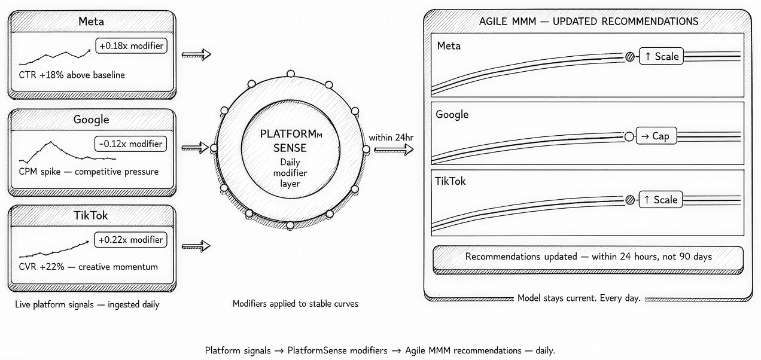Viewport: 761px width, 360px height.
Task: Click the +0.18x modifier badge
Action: tap(130, 45)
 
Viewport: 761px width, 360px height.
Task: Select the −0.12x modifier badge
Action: tap(130, 144)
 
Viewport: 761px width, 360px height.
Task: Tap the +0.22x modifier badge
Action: tap(130, 240)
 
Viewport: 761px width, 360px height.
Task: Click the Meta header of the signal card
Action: tap(92, 22)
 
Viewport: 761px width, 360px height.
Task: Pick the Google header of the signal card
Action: tap(92, 120)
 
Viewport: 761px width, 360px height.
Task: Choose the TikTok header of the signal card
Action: tap(92, 215)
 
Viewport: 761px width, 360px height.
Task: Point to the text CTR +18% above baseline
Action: tap(72, 75)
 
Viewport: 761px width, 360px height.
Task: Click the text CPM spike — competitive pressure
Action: tap(89, 172)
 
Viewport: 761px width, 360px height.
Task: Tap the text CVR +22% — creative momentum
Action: tap(88, 267)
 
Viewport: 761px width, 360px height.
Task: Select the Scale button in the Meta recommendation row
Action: tap(660, 56)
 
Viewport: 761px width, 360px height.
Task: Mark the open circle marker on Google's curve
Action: tap(628, 136)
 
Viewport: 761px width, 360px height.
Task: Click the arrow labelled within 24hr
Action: tap(394, 150)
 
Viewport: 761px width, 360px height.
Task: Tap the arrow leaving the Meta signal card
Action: tap(196, 54)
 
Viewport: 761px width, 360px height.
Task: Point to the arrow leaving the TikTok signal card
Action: tap(196, 245)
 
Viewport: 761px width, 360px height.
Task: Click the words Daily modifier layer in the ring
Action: tap(290, 173)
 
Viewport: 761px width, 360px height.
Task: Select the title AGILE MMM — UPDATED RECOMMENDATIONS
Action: tap(589, 22)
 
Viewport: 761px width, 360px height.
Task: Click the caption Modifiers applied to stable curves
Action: tap(295, 304)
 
